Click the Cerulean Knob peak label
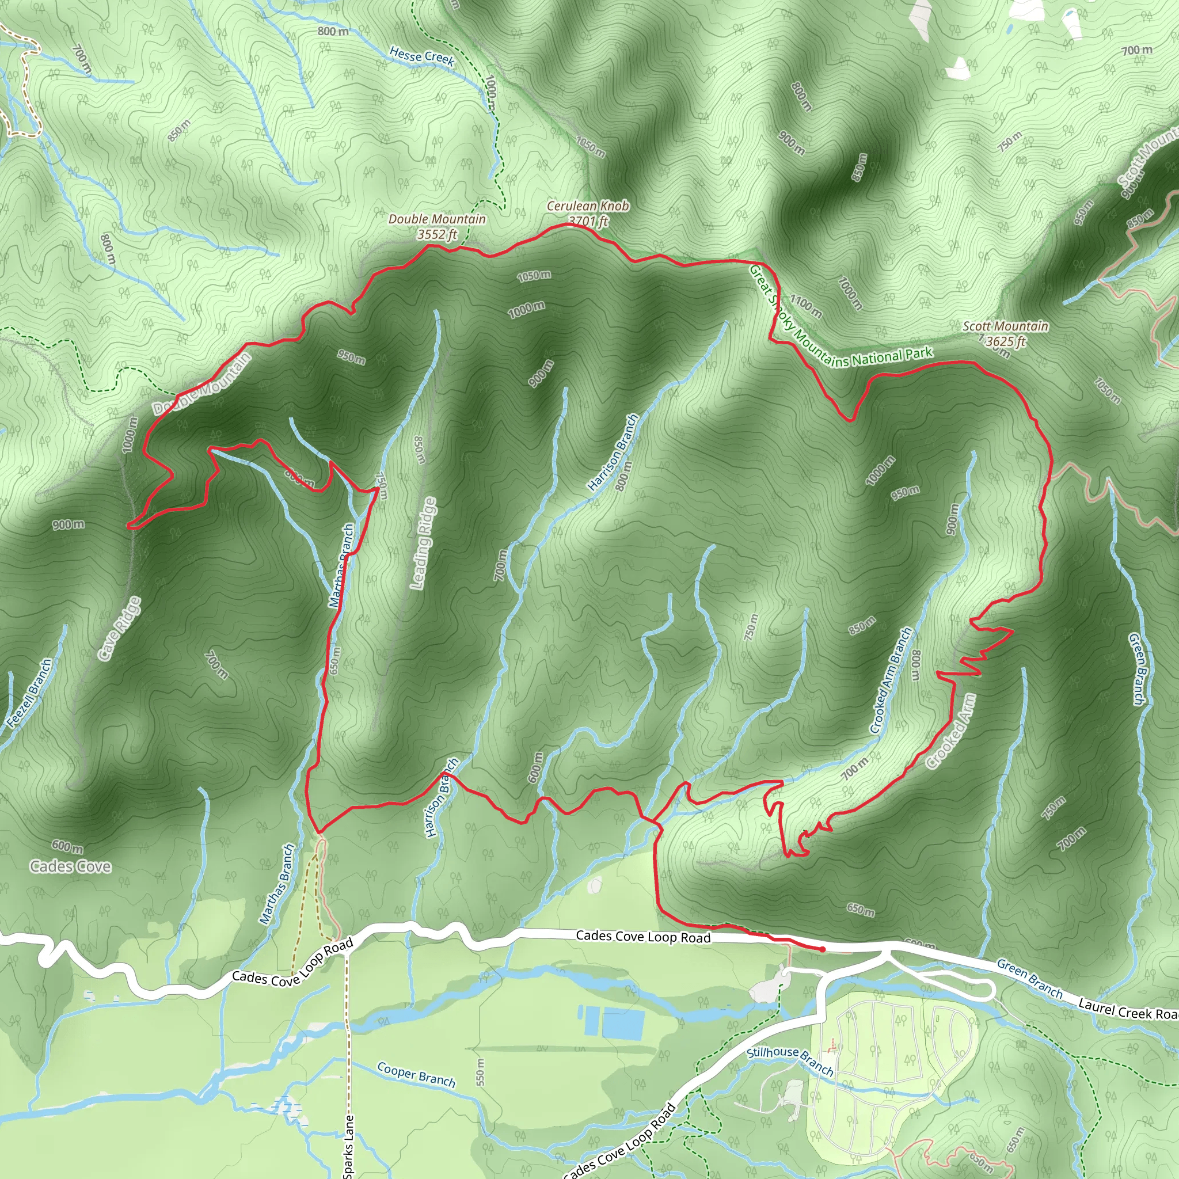[x=587, y=206]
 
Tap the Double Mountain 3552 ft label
[x=437, y=226]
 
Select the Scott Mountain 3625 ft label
[x=1005, y=333]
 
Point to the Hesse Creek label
[x=421, y=57]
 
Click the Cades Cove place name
[x=71, y=866]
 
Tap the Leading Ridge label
[x=424, y=543]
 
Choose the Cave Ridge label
[x=120, y=628]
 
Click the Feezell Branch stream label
[x=30, y=693]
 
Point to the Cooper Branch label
[x=416, y=1075]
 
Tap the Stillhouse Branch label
[x=790, y=1060]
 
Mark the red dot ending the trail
[x=823, y=949]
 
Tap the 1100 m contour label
[x=805, y=306]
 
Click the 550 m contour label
[x=480, y=1071]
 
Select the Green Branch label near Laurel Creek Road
[x=1029, y=977]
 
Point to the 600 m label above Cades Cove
[x=67, y=846]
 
